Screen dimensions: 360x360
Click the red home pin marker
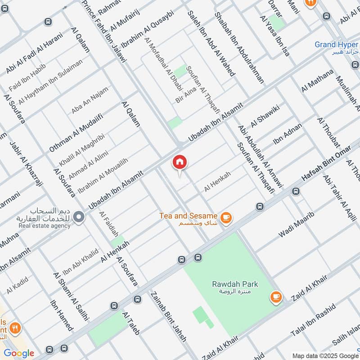[180, 162]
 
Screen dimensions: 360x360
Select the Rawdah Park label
[235, 287]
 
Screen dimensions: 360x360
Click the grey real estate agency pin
[79, 217]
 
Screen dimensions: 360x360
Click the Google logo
[19, 353]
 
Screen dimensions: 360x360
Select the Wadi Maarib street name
[296, 224]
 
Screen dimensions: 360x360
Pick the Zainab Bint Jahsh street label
[168, 315]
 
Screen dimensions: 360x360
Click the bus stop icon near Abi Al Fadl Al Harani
[48, 22]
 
